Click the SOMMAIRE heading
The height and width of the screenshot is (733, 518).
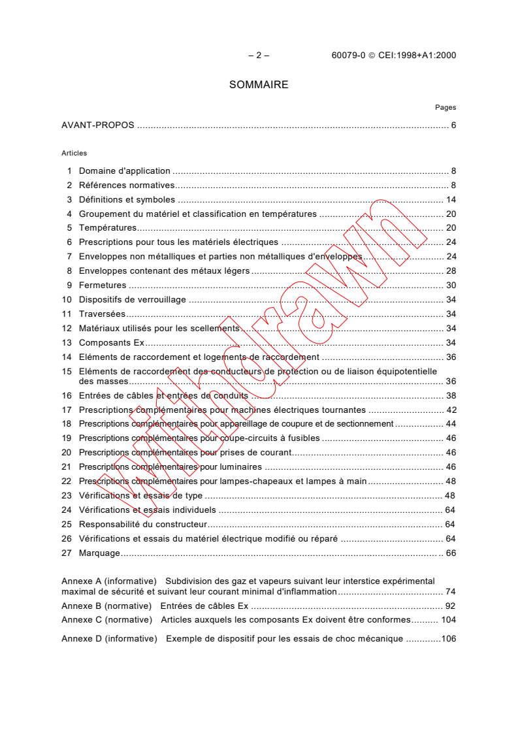[x=259, y=85]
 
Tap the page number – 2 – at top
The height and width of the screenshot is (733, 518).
[x=259, y=56]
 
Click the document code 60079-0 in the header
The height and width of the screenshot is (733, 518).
[x=348, y=56]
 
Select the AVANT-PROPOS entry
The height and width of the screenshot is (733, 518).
[x=98, y=125]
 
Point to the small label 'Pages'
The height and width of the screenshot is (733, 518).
[x=445, y=108]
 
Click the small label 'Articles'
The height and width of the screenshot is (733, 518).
[x=74, y=153]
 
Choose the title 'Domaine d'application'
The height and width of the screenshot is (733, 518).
[x=124, y=171]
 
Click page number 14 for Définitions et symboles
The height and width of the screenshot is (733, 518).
[x=451, y=200]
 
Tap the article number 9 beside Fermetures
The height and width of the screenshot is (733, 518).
[x=69, y=285]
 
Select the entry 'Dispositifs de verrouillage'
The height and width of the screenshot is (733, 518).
[x=132, y=300]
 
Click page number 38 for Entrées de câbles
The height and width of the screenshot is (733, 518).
[x=451, y=396]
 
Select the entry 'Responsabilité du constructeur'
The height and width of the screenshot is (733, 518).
[x=142, y=525]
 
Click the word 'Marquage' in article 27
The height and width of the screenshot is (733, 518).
[x=99, y=553]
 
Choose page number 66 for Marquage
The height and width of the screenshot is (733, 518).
[x=451, y=553]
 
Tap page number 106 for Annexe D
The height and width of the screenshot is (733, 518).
[x=448, y=638]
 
